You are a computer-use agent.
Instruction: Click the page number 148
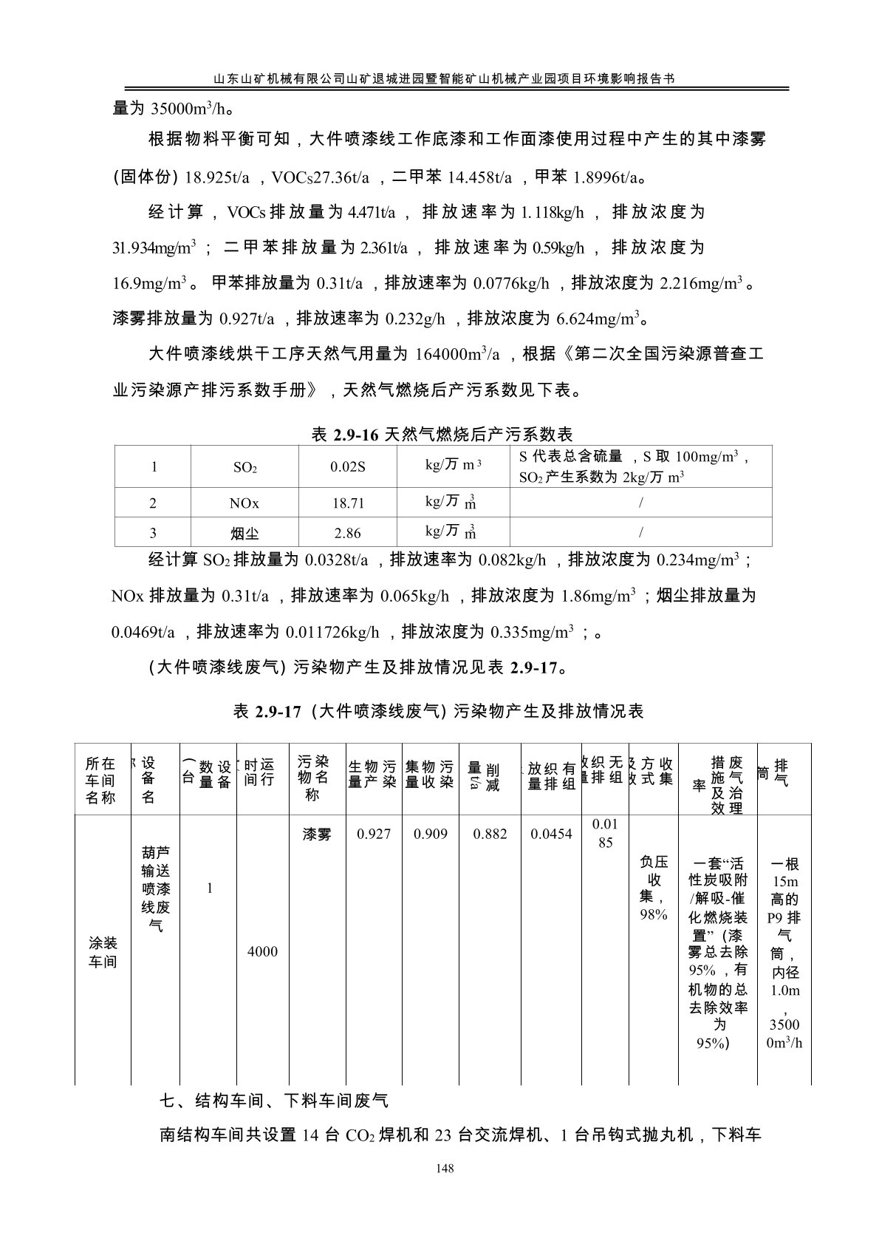pyautogui.click(x=444, y=1169)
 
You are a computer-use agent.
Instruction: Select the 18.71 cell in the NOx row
pyautogui.click(x=348, y=503)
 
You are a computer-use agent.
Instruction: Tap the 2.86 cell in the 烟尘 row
pyautogui.click(x=348, y=533)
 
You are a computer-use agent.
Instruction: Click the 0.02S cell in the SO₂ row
pyautogui.click(x=348, y=467)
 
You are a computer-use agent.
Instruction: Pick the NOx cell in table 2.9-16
pyautogui.click(x=244, y=503)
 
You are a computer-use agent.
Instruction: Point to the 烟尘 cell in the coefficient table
pyautogui.click(x=244, y=533)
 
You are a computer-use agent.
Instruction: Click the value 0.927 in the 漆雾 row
pyautogui.click(x=374, y=835)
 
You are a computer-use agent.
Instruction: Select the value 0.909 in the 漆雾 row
pyautogui.click(x=431, y=835)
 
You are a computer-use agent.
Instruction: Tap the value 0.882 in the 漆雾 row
pyautogui.click(x=490, y=835)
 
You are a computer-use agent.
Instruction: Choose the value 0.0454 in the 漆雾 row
pyautogui.click(x=551, y=835)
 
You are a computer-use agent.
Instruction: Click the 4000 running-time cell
pyautogui.click(x=262, y=952)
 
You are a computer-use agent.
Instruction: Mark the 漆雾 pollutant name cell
pyautogui.click(x=317, y=835)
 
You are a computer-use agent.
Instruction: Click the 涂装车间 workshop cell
pyautogui.click(x=103, y=953)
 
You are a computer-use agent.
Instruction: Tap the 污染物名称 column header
pyautogui.click(x=312, y=778)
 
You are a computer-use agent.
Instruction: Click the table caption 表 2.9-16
pyautogui.click(x=442, y=434)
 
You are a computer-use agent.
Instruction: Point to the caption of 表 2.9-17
pyautogui.click(x=439, y=711)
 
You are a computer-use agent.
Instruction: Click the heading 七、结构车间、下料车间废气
pyautogui.click(x=274, y=1101)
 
